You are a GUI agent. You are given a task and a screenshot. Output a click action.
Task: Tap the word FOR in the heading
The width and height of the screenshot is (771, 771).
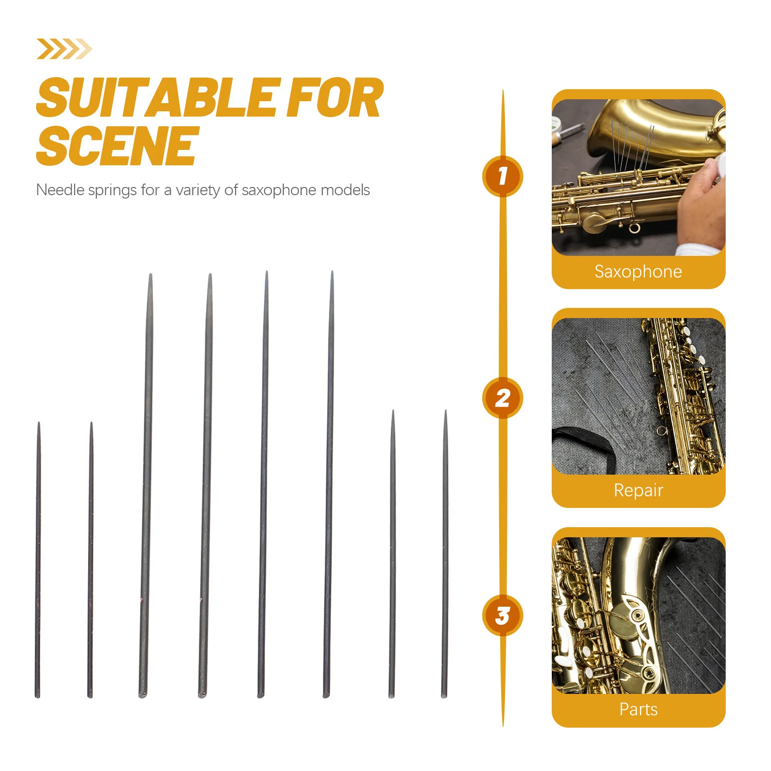pos(334,99)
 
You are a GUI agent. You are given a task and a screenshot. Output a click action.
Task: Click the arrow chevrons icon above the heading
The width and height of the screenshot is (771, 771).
pos(64,49)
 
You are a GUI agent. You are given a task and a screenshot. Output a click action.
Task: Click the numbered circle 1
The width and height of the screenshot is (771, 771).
pos(503,176)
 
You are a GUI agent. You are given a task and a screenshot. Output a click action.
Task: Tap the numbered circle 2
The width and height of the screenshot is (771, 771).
pos(503,398)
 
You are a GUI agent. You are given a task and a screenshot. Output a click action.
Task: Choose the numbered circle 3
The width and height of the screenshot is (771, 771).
pos(503,616)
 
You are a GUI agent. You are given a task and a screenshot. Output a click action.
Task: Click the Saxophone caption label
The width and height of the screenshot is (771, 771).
pos(638,272)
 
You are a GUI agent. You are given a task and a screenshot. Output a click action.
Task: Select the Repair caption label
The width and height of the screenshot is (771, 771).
pos(638,491)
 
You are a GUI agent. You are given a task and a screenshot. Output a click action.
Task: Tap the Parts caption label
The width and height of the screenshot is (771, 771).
pos(638,709)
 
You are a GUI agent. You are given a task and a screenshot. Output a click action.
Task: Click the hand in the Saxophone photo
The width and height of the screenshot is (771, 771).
pos(701,202)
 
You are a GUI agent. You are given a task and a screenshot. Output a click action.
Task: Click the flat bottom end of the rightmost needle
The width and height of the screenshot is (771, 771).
pos(444,695)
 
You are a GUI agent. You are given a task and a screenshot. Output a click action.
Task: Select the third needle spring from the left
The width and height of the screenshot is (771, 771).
pos(146,482)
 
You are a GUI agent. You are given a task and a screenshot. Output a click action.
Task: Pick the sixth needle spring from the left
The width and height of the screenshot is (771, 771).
pos(329,482)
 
